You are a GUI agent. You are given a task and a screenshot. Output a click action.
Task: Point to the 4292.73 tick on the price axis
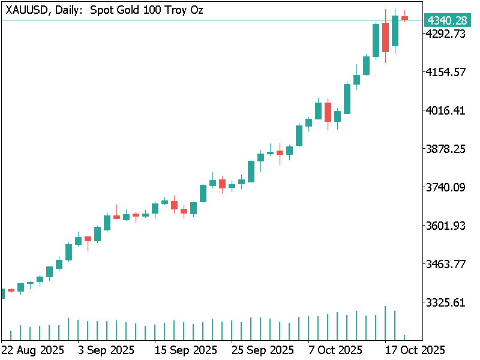tap(445, 34)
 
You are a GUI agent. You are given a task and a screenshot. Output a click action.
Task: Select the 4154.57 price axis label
tap(445, 72)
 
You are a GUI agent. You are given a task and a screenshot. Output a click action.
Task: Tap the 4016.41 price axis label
tap(445, 110)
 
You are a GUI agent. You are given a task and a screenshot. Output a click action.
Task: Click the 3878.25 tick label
tap(445, 149)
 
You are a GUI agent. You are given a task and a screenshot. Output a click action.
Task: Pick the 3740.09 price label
tap(445, 187)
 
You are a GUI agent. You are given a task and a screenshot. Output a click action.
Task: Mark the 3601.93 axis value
tap(445, 226)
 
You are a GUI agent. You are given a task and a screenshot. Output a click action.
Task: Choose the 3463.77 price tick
tap(445, 264)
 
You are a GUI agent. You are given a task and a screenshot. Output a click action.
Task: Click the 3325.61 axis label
tap(445, 302)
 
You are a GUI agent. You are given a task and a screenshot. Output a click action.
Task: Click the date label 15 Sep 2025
tap(185, 350)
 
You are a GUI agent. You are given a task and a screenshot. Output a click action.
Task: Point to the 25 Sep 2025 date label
tap(262, 350)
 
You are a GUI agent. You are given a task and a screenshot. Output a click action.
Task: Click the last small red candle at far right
tap(404, 18)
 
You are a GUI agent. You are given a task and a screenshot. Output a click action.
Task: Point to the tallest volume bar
tap(385, 323)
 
